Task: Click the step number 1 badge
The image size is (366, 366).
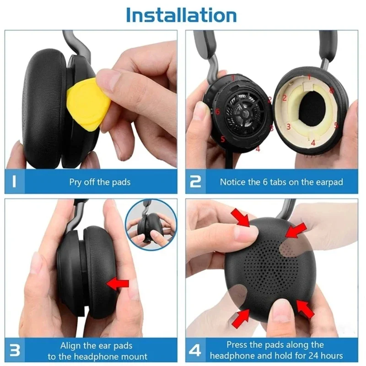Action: [x=15, y=182]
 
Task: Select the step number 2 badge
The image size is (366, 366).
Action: [x=195, y=182]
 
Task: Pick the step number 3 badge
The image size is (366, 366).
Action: [x=15, y=350]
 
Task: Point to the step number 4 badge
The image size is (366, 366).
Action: [x=195, y=350]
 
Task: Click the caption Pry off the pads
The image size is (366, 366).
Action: [x=100, y=182]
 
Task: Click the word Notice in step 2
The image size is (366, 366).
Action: [x=233, y=182]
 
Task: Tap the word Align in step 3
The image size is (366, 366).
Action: [x=71, y=345]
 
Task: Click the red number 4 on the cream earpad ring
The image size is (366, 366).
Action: [x=313, y=143]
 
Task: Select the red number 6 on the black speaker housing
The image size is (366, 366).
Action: [x=217, y=112]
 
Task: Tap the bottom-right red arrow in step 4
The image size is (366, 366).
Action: [x=305, y=309]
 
